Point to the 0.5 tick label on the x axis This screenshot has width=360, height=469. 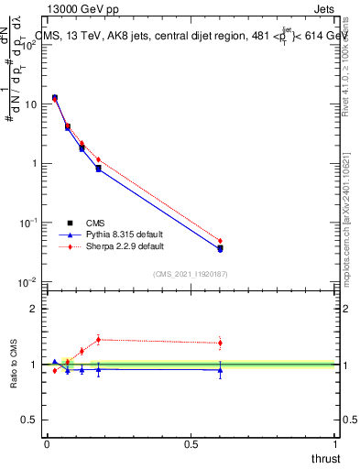point(191,444)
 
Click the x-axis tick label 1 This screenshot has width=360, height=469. point(336,444)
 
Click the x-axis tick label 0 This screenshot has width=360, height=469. point(47,444)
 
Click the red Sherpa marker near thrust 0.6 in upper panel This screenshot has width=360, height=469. point(220,241)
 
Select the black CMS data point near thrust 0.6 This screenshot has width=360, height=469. point(220,248)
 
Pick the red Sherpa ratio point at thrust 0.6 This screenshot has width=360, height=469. point(220,343)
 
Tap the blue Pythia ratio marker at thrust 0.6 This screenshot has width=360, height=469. point(220,369)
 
